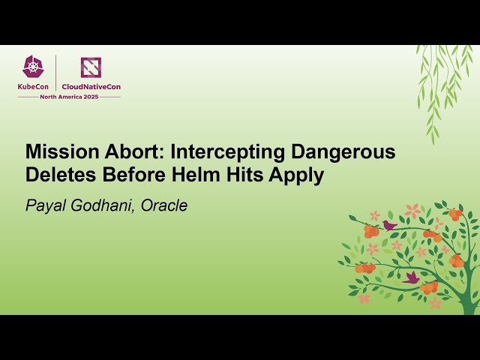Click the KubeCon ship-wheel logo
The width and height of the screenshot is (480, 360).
coord(34,67)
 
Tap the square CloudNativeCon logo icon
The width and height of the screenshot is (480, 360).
coord(91,67)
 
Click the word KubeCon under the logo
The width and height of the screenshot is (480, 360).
coord(34,86)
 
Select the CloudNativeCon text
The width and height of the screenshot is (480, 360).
coord(91,86)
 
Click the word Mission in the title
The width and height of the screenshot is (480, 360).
coord(58,151)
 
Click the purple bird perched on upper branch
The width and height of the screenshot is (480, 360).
coord(389,224)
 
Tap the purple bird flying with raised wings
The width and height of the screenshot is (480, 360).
coord(411,277)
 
